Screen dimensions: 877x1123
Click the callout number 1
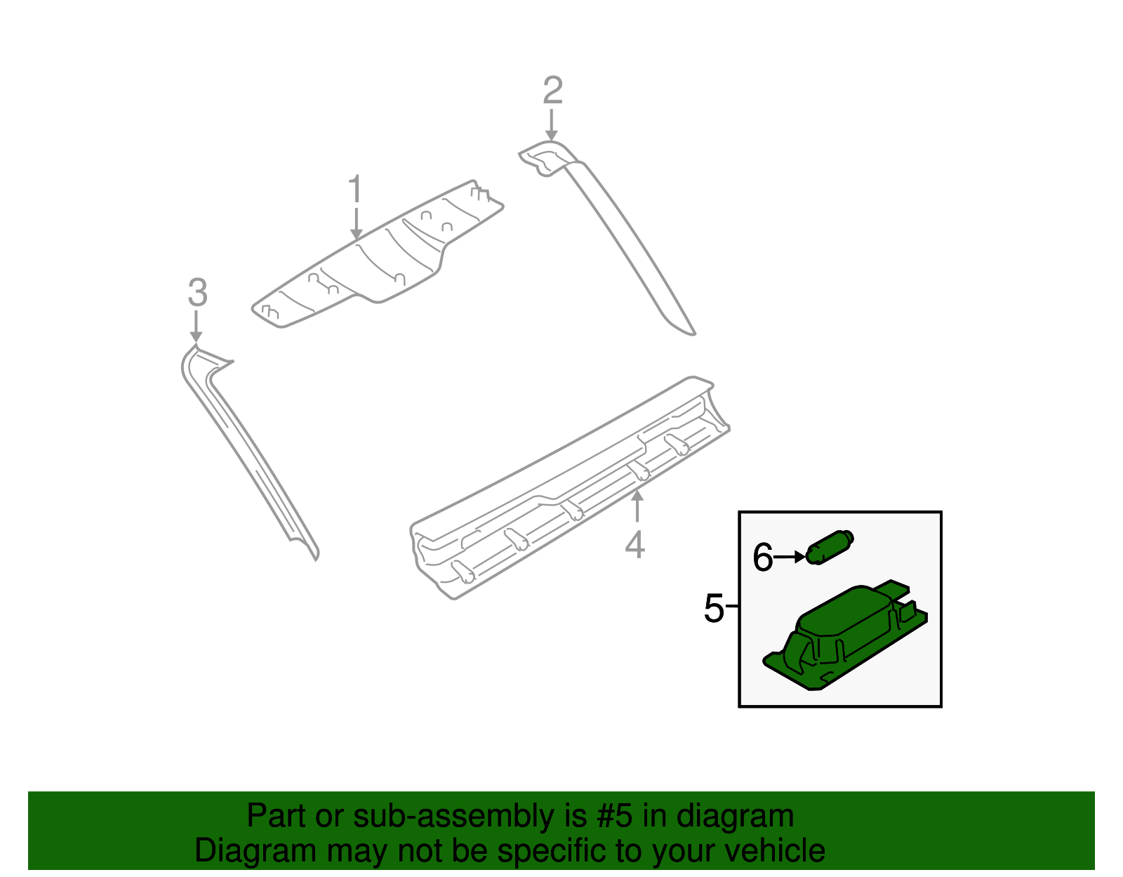(356, 190)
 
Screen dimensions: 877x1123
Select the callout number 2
(553, 91)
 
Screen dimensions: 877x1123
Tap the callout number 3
(197, 293)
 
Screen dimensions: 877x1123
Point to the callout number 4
(634, 545)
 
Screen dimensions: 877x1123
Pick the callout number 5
(713, 607)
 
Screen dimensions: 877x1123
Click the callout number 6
(762, 558)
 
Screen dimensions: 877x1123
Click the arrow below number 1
(356, 225)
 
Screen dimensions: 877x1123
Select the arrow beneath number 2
(552, 126)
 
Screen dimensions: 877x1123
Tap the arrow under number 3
(197, 327)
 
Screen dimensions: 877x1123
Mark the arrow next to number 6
(791, 557)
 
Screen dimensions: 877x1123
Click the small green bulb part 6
(830, 547)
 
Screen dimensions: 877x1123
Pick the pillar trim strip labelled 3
(246, 449)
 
